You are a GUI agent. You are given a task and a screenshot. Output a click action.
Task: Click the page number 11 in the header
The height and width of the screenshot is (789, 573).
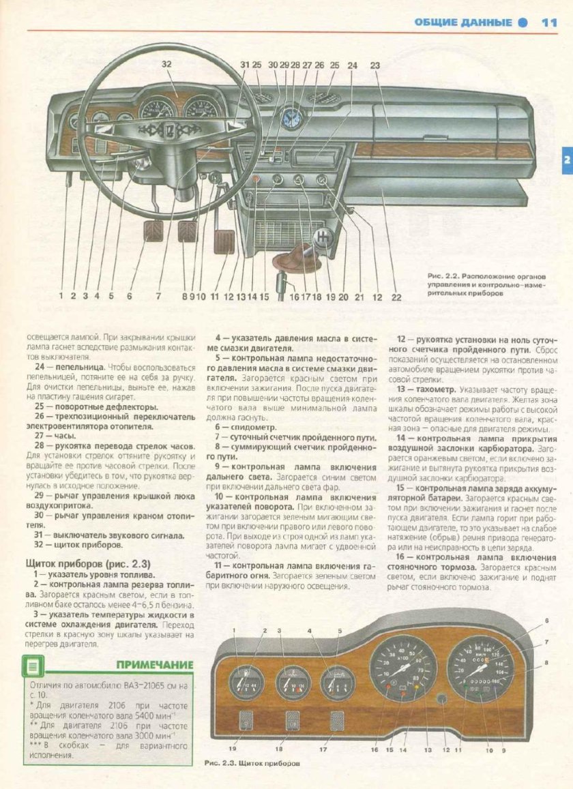[x=549, y=22]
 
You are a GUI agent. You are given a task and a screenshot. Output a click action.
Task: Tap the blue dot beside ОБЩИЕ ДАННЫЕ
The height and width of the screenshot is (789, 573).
[x=523, y=22]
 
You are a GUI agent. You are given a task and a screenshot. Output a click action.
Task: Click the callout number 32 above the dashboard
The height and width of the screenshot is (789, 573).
[x=166, y=63]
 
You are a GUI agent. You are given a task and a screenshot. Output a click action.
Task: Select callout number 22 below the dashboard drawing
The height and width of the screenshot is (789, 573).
[x=396, y=297]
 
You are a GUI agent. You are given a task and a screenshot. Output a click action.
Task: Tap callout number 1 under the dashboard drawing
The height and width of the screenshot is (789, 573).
[x=61, y=296]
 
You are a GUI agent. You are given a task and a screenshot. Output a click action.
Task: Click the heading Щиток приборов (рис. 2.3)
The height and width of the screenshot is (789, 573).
[x=87, y=564]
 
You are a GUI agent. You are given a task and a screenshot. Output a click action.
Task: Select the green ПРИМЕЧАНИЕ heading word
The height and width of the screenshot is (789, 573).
[x=154, y=664]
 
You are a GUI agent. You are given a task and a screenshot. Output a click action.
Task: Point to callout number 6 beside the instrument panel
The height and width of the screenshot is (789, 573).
[x=546, y=620]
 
